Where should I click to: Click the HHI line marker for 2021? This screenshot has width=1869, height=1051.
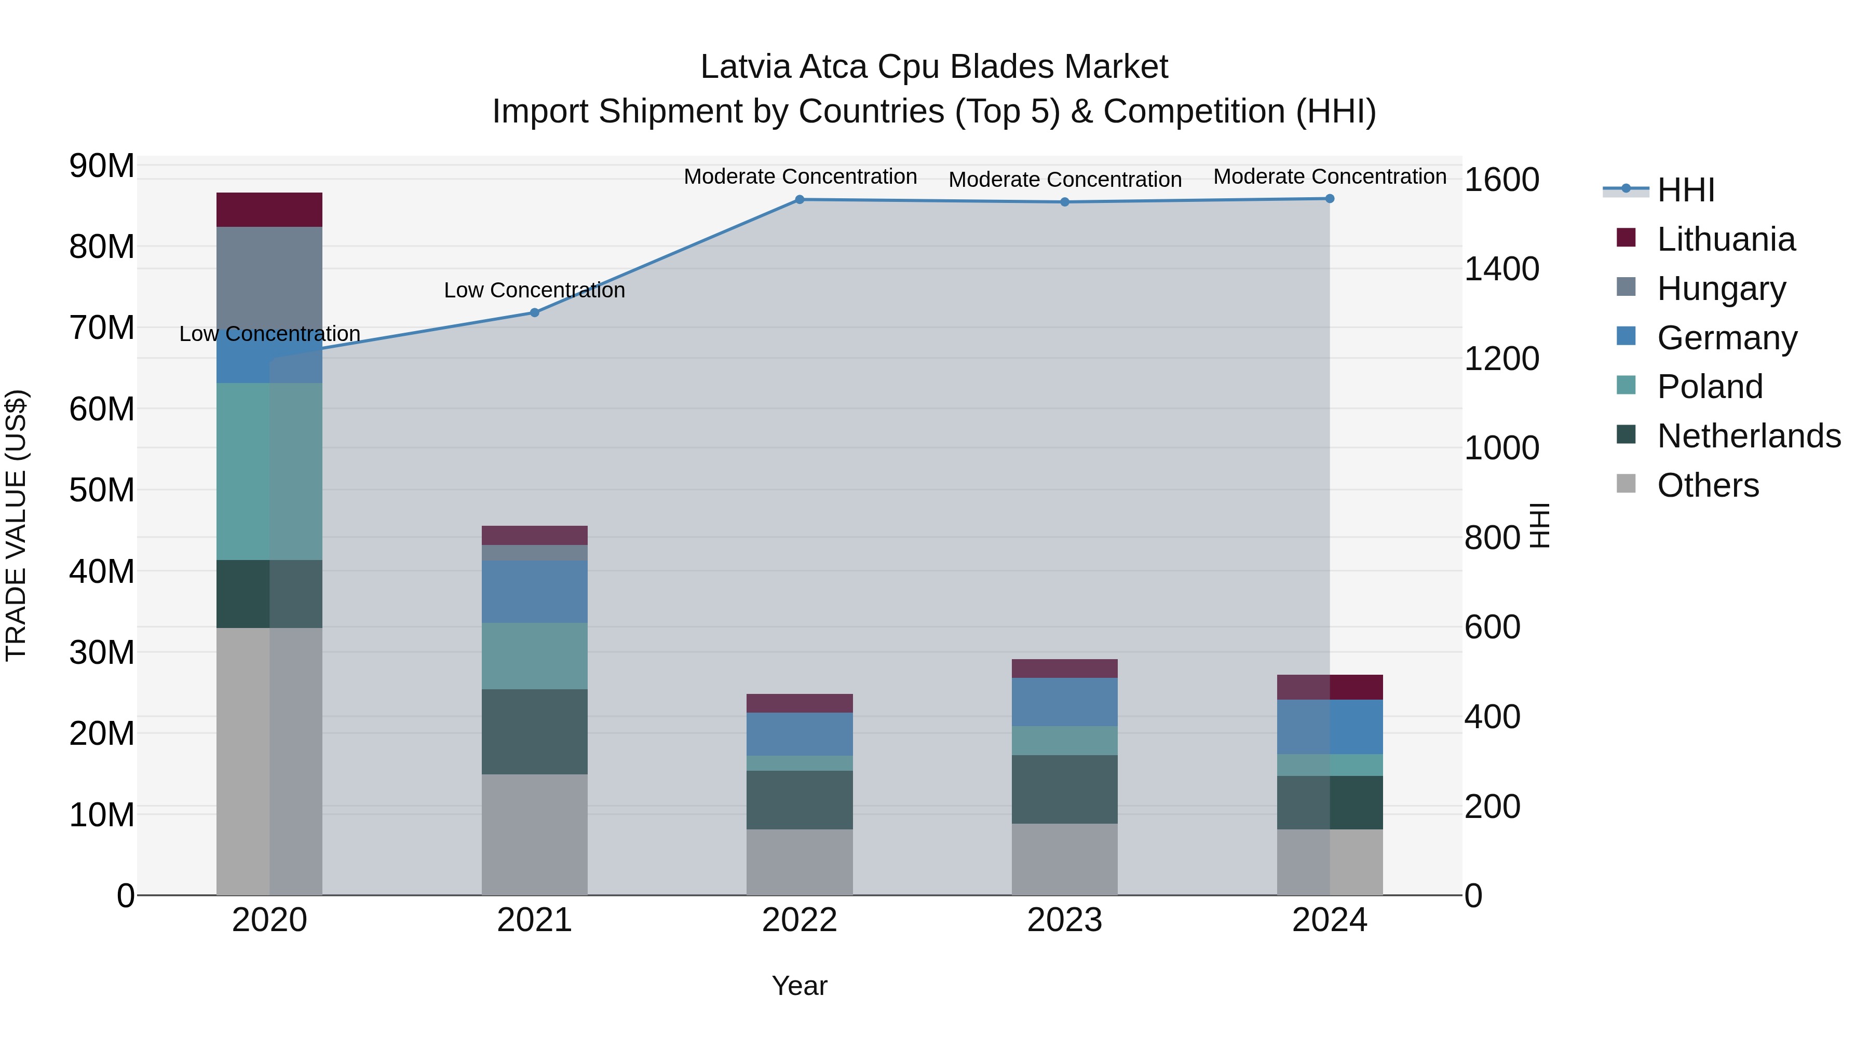[534, 312]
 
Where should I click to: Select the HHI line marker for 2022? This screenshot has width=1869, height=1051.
[800, 199]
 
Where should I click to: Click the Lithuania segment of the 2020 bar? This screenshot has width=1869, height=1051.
[269, 210]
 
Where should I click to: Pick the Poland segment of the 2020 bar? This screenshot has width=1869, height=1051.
[269, 471]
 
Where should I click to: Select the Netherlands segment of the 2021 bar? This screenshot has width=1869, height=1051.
[534, 731]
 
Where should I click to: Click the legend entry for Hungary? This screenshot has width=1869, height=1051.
[1721, 289]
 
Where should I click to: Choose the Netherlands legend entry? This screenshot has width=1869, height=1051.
[1749, 436]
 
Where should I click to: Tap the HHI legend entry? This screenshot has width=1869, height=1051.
[1685, 190]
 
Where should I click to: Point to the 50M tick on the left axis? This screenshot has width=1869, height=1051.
[102, 490]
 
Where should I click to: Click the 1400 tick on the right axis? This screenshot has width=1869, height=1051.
[1501, 269]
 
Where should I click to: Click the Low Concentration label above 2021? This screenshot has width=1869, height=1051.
[534, 290]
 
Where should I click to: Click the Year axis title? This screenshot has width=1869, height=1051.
[799, 986]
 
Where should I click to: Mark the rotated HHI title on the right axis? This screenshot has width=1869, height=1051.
[1539, 525]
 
